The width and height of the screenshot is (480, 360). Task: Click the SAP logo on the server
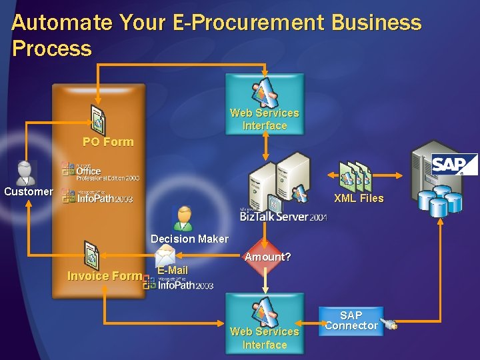[454, 165]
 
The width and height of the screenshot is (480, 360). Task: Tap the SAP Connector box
[351, 321]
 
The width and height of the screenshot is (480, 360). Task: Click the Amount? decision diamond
[265, 257]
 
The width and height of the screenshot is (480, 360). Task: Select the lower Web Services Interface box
[265, 322]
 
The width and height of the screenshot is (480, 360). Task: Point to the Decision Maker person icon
[183, 218]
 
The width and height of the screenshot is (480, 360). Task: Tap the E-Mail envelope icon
[165, 255]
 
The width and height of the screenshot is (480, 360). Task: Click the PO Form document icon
[99, 119]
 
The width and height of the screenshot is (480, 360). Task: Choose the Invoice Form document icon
[91, 255]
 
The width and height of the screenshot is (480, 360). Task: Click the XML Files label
[359, 198]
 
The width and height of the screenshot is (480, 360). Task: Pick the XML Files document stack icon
[355, 177]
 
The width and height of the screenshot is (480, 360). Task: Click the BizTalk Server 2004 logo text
[283, 216]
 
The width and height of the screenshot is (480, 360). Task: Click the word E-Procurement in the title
[227, 23]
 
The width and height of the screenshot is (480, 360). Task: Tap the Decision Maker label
[189, 239]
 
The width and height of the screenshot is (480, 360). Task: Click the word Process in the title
[51, 48]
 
